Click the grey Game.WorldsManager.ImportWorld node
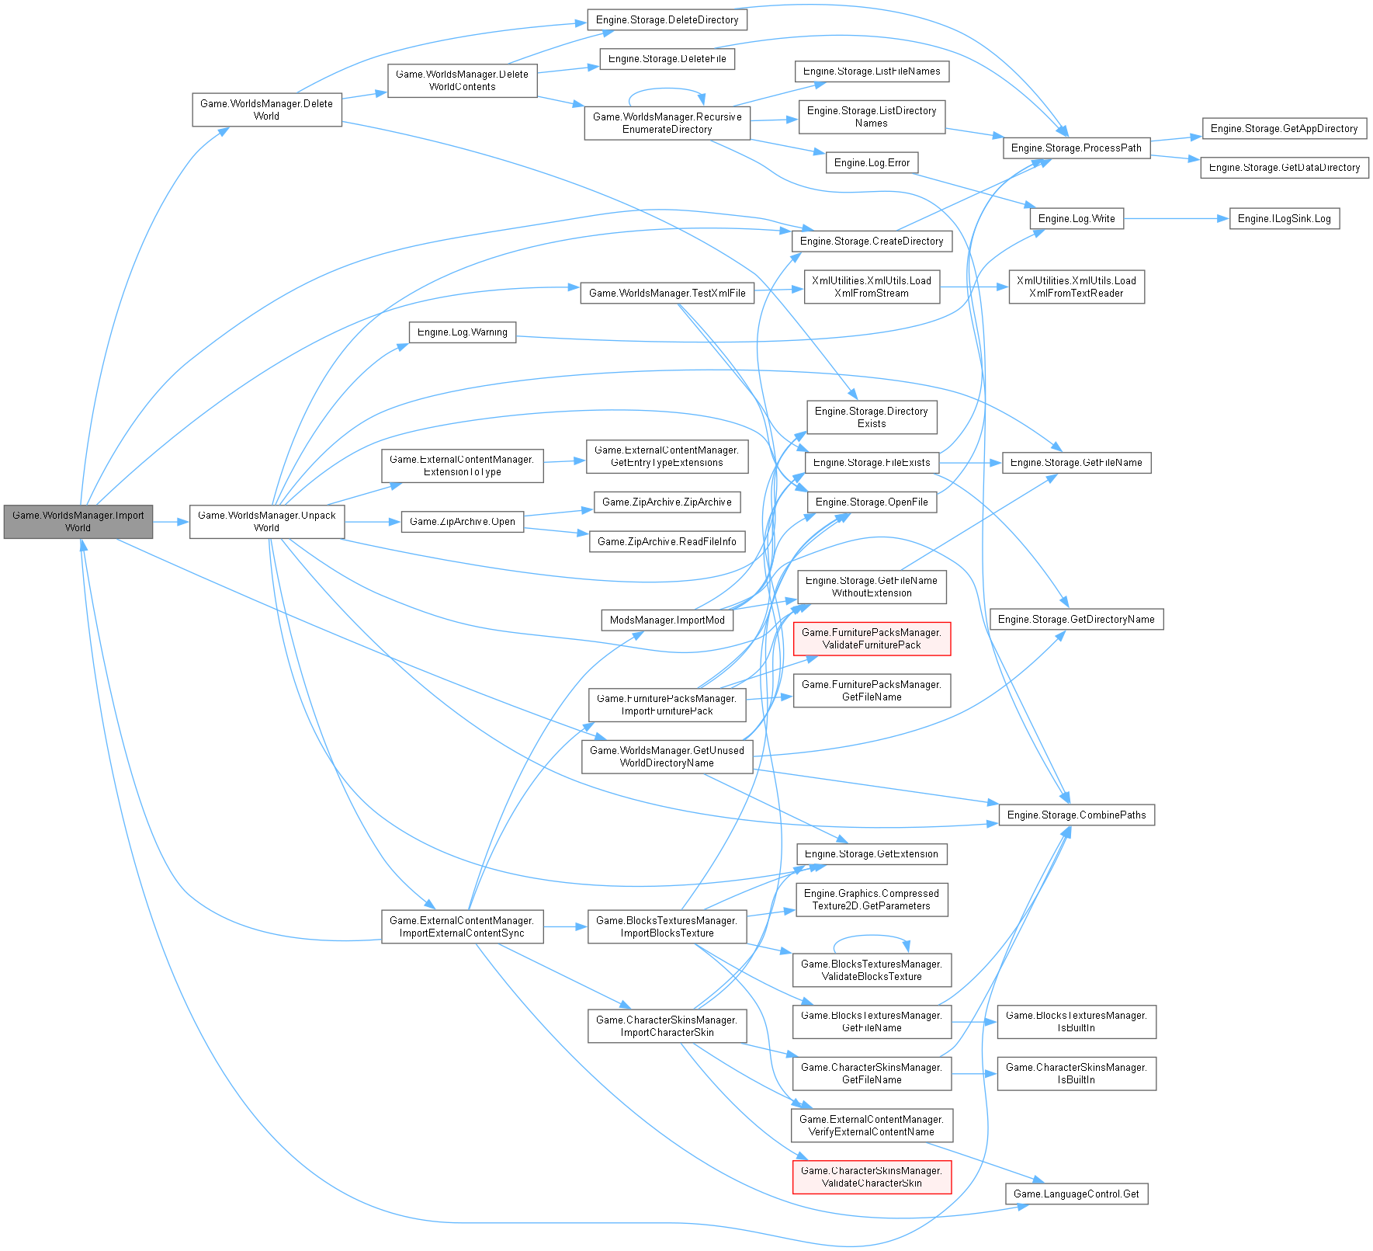tap(78, 522)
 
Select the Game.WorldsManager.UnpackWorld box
tap(266, 522)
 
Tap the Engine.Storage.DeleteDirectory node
tap(667, 20)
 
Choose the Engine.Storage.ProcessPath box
tap(1076, 148)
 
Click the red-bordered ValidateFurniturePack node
tap(871, 639)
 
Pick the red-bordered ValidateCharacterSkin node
tap(871, 1177)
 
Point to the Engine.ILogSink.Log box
tap(1284, 219)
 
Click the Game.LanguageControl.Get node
tap(1076, 1194)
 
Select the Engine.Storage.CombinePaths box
tap(1076, 815)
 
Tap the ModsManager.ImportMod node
tap(667, 620)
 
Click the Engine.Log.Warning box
tap(462, 332)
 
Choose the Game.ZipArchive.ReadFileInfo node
tap(667, 542)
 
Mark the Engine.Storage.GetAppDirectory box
tap(1284, 129)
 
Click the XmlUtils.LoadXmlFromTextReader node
tap(1076, 287)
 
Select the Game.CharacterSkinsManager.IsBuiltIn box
tap(1076, 1074)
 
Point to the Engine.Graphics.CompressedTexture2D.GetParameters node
tap(871, 900)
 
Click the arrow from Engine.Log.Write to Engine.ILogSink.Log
tap(1176, 219)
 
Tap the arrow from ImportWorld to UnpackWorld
tap(172, 523)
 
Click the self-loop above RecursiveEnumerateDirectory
tap(666, 89)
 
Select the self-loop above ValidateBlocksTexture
tap(871, 937)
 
